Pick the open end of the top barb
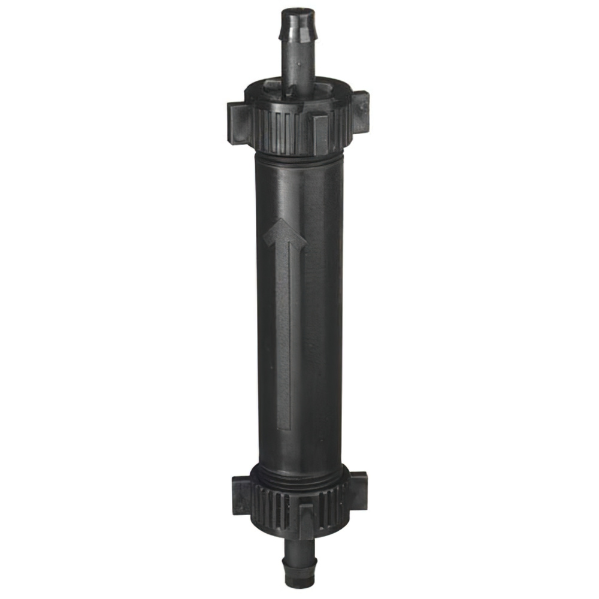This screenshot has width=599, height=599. pyautogui.click(x=297, y=10)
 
